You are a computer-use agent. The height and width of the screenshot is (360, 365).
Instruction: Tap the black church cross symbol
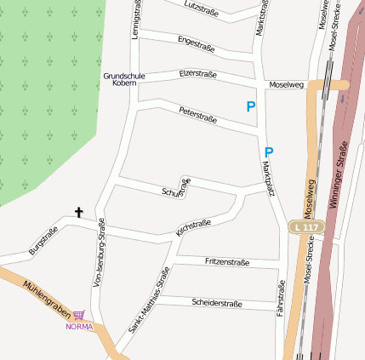tap(80, 212)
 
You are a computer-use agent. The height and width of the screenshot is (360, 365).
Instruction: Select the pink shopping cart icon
tap(78, 315)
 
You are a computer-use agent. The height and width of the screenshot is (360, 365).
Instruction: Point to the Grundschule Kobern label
tap(123, 79)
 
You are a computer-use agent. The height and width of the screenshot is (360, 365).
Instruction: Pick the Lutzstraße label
tap(202, 8)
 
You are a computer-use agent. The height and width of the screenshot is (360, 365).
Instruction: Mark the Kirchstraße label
tap(193, 227)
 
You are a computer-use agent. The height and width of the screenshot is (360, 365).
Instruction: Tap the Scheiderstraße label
tap(217, 303)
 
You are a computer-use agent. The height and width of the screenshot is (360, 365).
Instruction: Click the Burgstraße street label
tap(43, 241)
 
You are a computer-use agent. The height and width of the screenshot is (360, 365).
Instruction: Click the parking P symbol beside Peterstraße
tap(250, 107)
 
